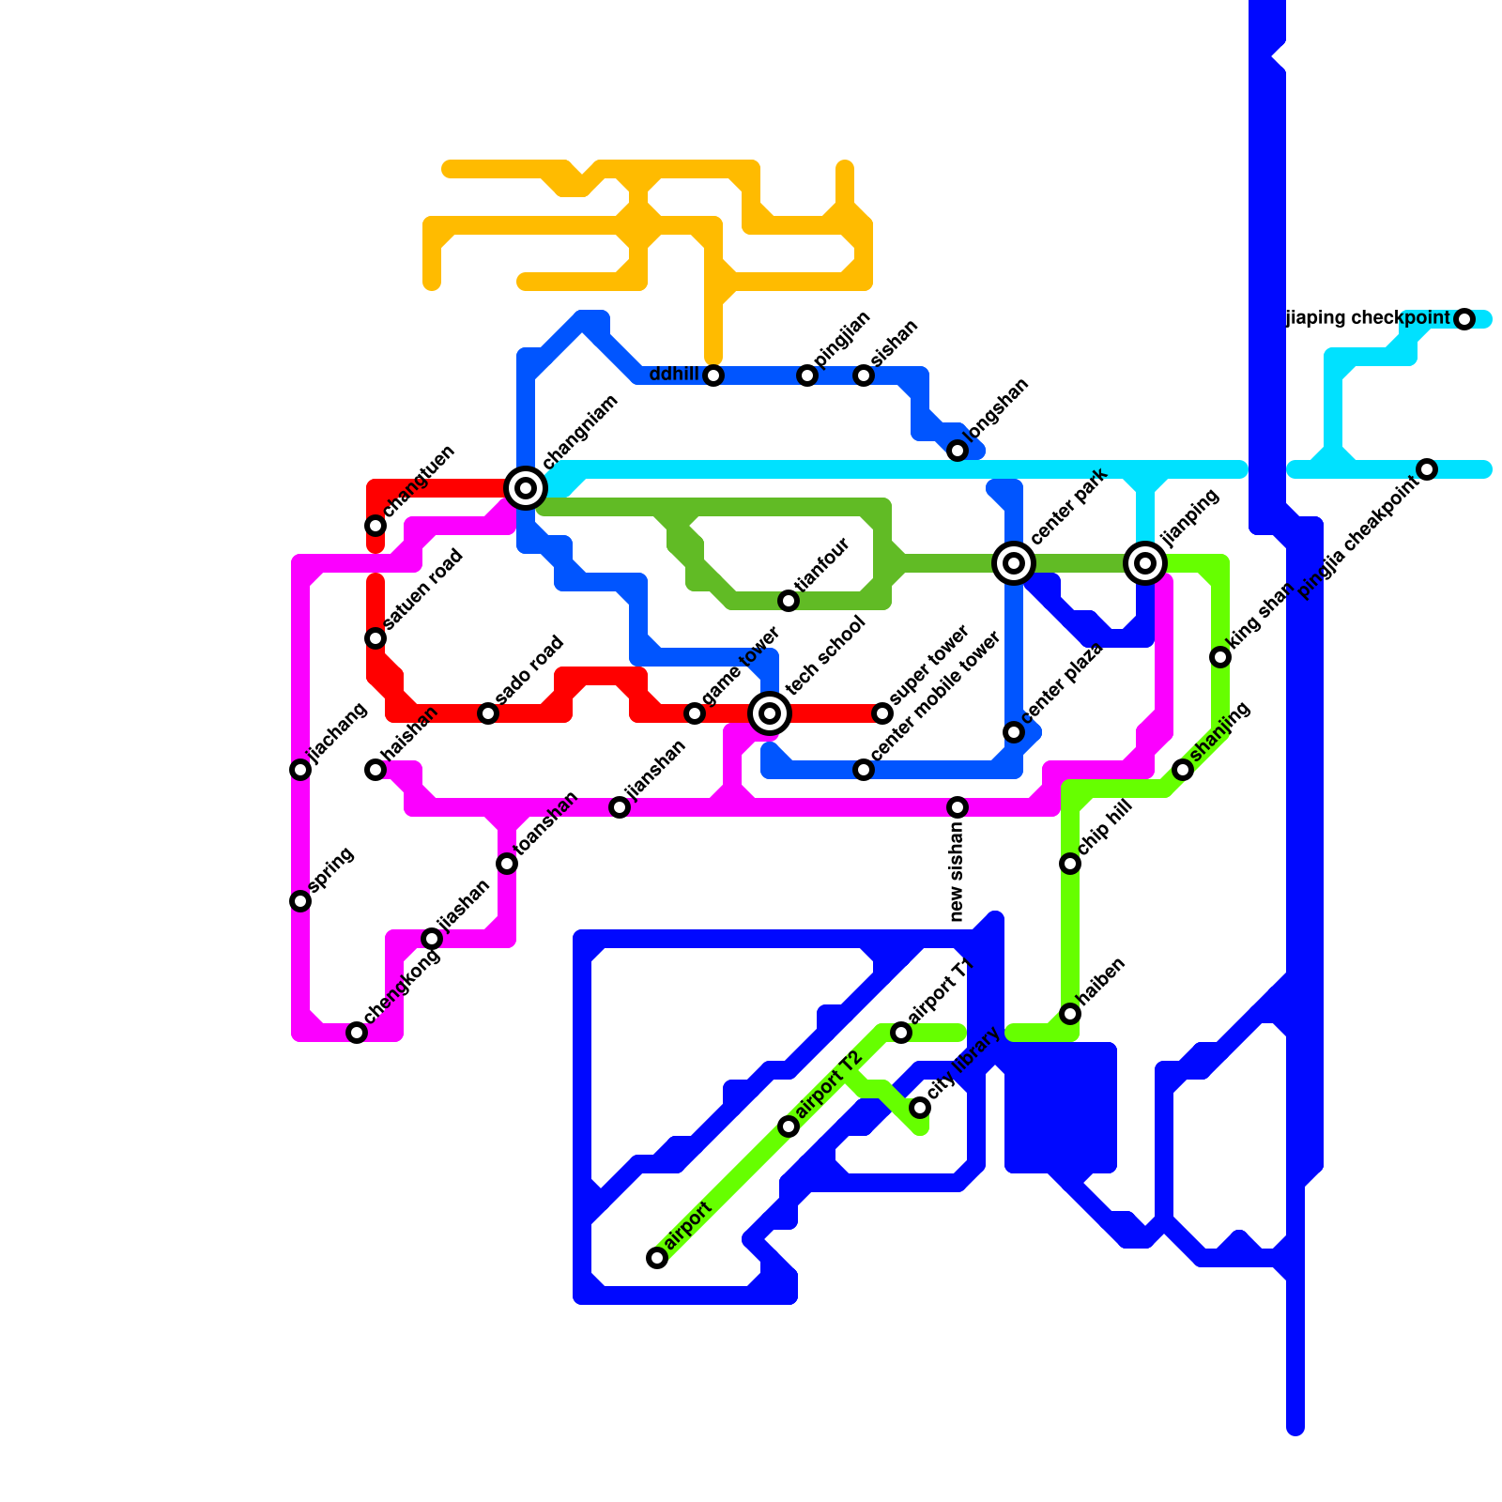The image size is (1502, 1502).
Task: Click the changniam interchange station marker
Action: (526, 487)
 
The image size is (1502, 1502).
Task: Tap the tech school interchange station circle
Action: (770, 713)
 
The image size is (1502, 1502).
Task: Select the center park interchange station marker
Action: (1014, 563)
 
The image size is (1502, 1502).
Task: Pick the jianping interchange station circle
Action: (1145, 563)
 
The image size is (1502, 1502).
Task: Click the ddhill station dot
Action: (713, 375)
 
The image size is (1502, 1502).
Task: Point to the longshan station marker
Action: (958, 451)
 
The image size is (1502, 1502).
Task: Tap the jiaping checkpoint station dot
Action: (1464, 319)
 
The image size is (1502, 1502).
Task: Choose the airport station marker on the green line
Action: (657, 1258)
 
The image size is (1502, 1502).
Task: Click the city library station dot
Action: (920, 1108)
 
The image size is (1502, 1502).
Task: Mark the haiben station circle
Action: (1070, 1014)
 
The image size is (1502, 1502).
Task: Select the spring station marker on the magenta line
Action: (300, 901)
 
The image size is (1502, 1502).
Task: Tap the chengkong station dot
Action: (357, 1033)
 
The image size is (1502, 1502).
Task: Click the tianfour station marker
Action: (789, 601)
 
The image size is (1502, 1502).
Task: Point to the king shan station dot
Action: (1220, 657)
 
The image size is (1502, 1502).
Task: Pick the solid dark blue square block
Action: (1061, 1108)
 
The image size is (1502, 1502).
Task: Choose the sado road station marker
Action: (488, 713)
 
